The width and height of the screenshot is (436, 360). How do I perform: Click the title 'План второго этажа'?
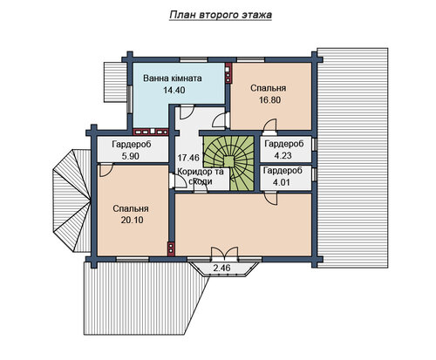click(221, 15)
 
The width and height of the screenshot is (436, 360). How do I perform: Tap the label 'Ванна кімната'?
click(173, 78)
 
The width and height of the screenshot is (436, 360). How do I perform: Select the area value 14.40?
click(174, 90)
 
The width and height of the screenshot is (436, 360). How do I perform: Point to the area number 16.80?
click(269, 100)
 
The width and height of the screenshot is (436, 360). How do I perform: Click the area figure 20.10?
click(132, 221)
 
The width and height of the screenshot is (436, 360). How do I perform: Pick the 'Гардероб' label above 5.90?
click(132, 145)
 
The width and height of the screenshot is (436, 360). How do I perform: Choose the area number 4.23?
click(283, 155)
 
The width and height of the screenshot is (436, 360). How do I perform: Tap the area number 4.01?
click(283, 182)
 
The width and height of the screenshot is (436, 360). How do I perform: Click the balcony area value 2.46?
click(221, 268)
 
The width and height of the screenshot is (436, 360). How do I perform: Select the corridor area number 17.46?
click(188, 158)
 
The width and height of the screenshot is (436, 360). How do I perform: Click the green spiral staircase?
click(229, 163)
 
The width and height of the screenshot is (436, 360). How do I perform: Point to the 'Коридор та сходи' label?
click(201, 176)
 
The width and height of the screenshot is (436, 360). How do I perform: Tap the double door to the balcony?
click(224, 253)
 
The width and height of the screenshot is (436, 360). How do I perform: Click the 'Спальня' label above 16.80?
click(269, 88)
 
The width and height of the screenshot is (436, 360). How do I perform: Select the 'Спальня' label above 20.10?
click(131, 208)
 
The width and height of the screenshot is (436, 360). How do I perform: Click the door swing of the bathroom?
click(187, 112)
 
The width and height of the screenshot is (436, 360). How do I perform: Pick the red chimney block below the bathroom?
click(151, 132)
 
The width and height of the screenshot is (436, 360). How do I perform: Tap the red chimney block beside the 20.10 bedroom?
click(171, 249)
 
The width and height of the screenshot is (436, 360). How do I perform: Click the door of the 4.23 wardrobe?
click(269, 126)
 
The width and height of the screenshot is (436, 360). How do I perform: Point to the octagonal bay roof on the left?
click(72, 200)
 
